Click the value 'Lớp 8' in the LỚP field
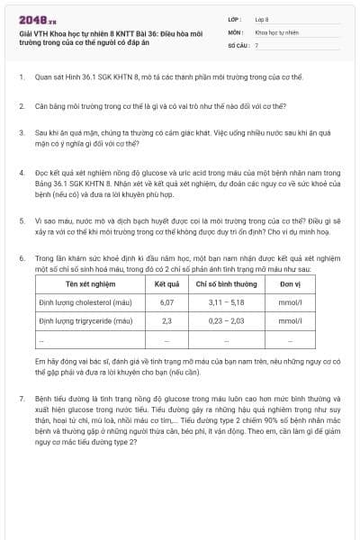click(262, 19)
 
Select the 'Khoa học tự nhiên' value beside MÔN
click(276, 31)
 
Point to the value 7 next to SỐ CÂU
click(256, 44)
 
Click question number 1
click(21, 77)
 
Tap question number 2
click(21, 106)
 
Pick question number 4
click(21, 171)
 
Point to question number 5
click(21, 219)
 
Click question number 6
click(21, 258)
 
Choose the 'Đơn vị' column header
click(290, 283)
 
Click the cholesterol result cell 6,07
click(166, 302)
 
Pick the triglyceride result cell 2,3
click(166, 319)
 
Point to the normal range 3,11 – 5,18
click(226, 302)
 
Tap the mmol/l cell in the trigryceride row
click(290, 319)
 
